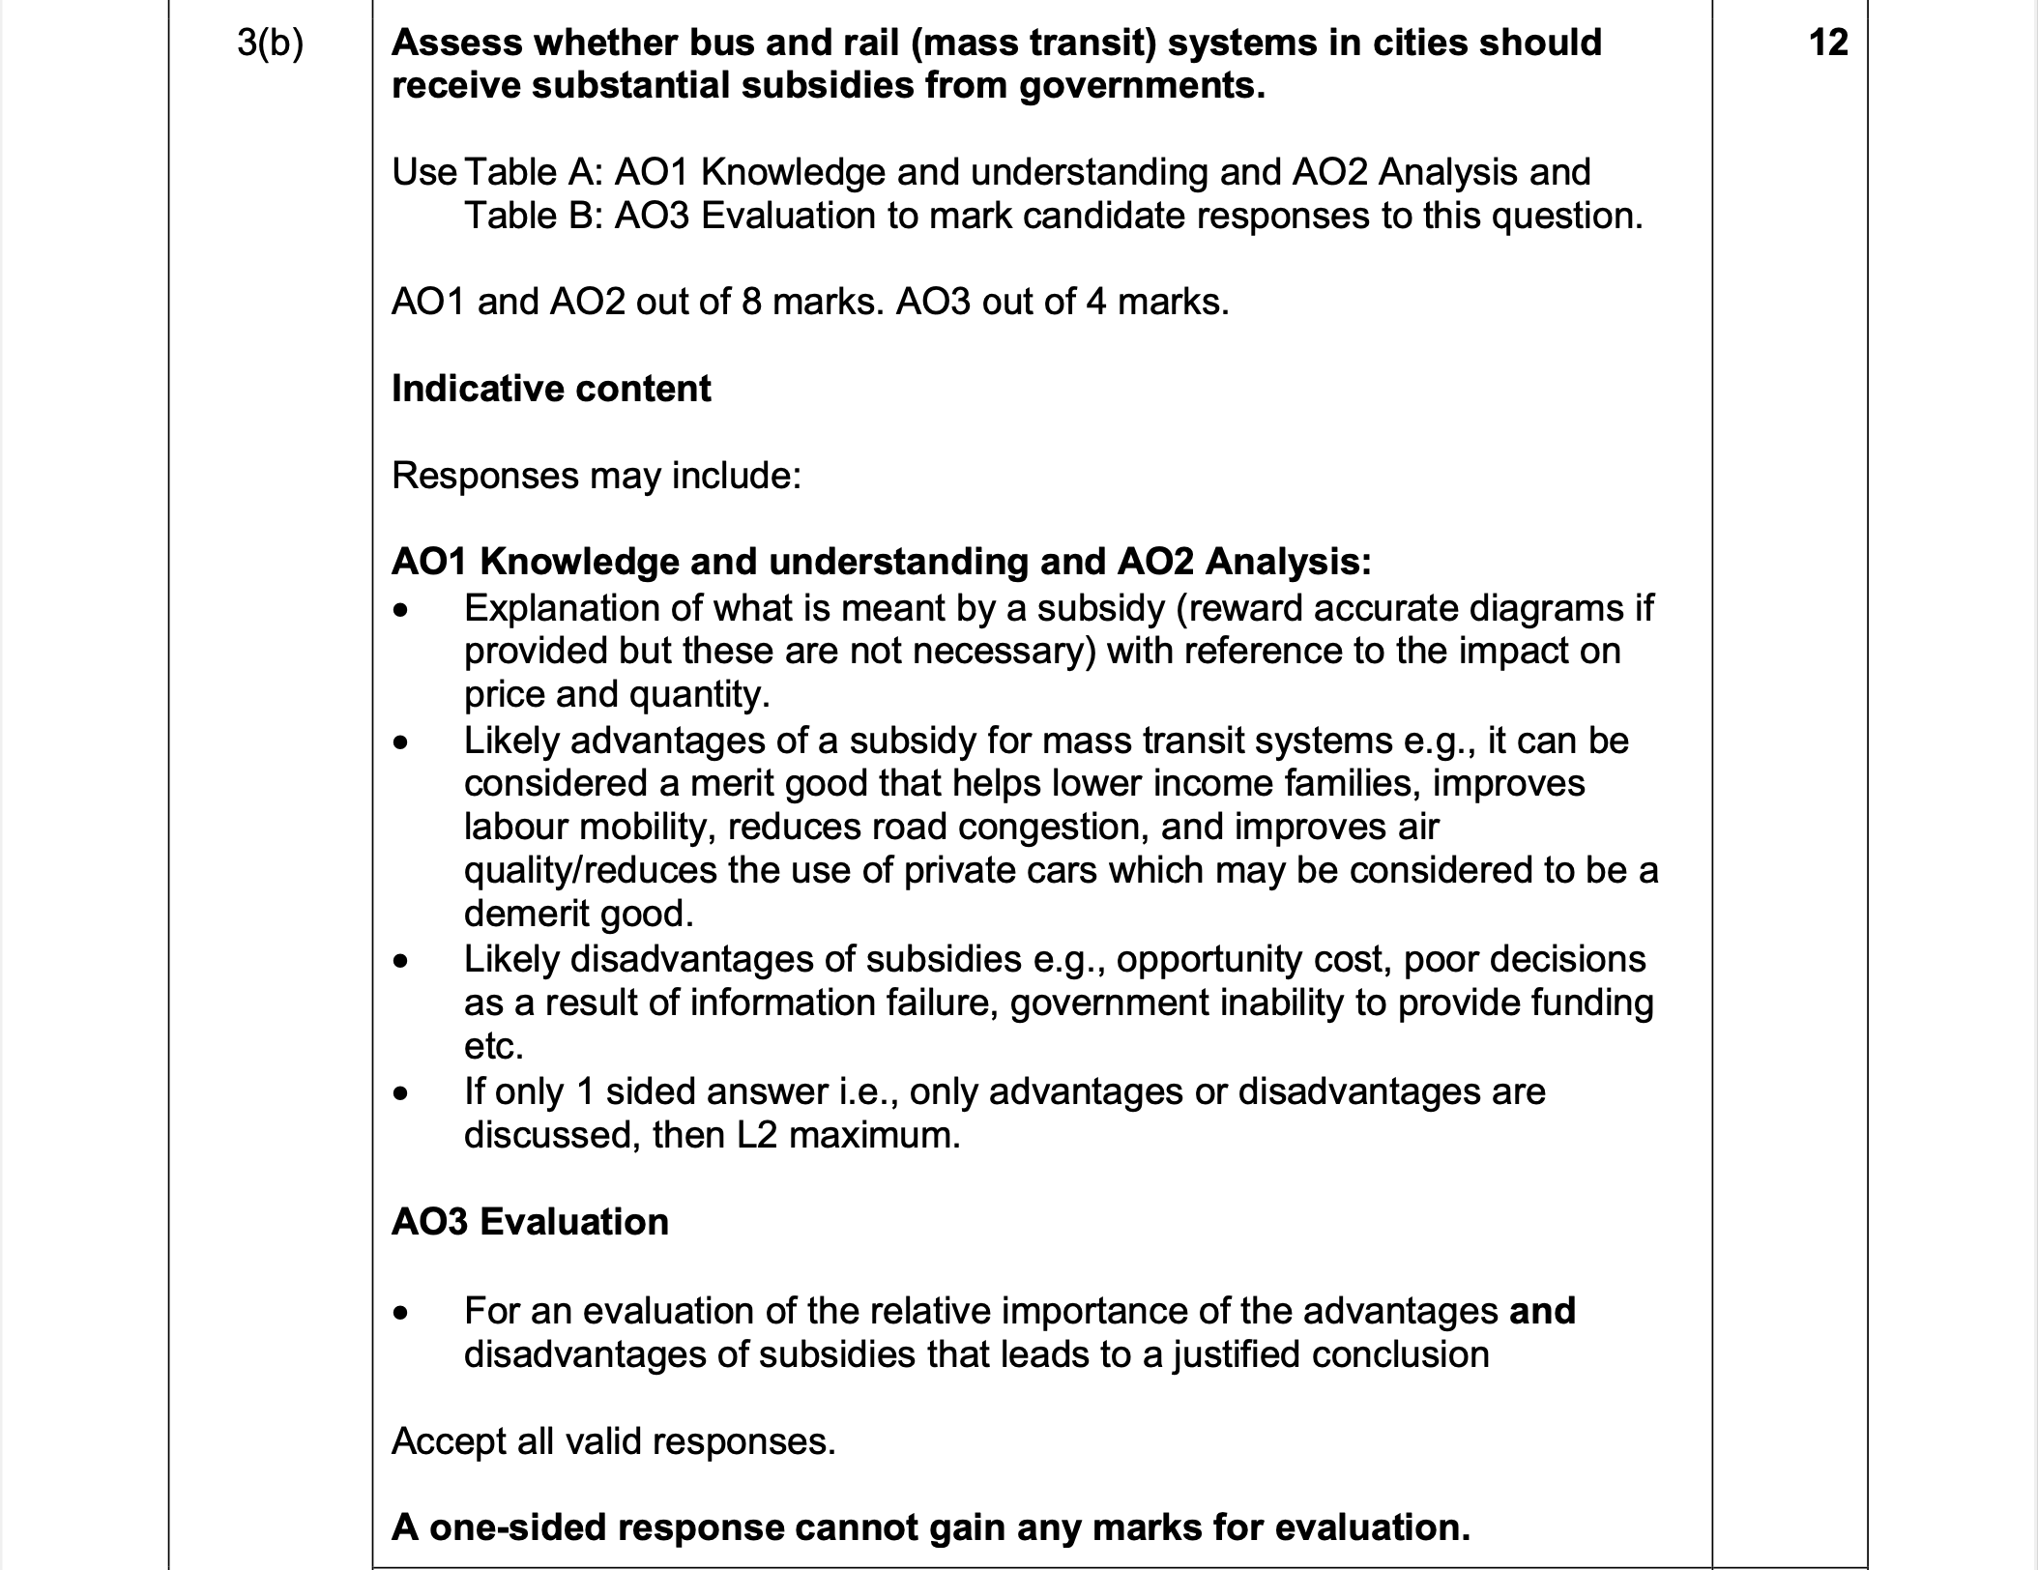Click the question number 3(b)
270,44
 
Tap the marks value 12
1827,43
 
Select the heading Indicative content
551,389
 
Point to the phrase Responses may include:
597,476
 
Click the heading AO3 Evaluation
530,1222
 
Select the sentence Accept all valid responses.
613,1441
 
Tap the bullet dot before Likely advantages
401,742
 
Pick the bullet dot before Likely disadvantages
401,961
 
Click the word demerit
527,914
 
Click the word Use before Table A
423,172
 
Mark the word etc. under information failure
493,1047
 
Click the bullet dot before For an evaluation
401,1313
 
